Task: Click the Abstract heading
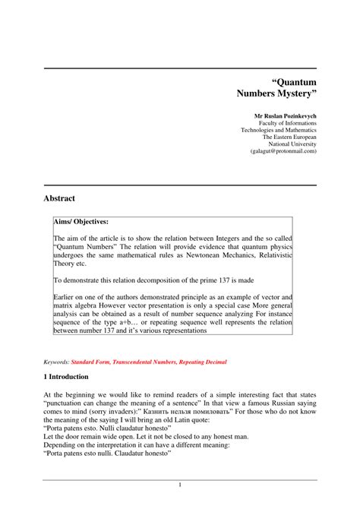click(x=59, y=198)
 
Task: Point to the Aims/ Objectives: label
click(x=81, y=221)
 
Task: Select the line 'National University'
click(x=292, y=143)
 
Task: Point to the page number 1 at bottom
click(x=180, y=484)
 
